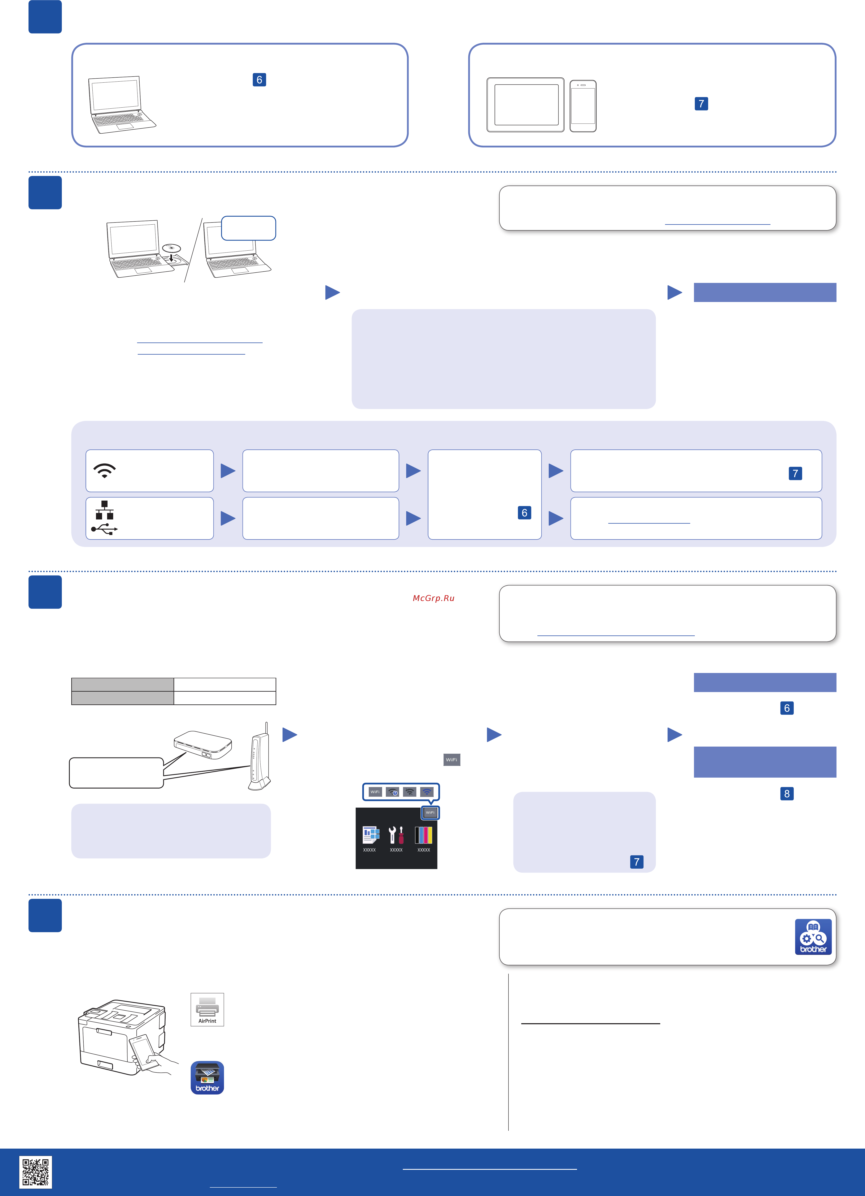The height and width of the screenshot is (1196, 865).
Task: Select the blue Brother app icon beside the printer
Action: point(207,1077)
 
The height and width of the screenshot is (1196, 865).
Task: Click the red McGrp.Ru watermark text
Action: point(433,598)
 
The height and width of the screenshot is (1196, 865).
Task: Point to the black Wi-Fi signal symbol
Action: point(104,470)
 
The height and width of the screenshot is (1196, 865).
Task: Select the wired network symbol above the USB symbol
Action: point(104,510)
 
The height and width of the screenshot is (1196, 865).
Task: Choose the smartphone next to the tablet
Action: point(583,106)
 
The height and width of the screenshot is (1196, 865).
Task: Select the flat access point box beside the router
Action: point(203,745)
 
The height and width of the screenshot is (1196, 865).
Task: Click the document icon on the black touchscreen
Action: point(371,835)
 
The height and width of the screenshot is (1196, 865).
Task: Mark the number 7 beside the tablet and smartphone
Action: point(701,104)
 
